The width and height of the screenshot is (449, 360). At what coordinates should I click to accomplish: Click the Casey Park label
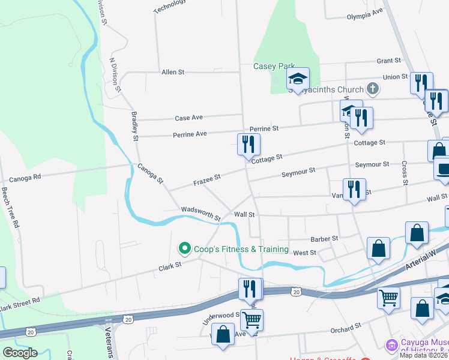tap(274, 66)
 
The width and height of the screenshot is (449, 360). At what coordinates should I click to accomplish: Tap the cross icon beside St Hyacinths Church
tap(373, 90)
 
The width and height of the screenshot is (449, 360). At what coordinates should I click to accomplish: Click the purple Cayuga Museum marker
tap(391, 345)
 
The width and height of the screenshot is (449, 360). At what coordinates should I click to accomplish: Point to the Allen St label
tap(173, 72)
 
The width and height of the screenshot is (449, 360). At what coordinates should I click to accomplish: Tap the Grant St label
tap(388, 61)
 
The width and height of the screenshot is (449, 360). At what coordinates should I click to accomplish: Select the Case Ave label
tap(188, 118)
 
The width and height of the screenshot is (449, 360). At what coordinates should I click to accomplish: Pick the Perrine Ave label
tap(190, 134)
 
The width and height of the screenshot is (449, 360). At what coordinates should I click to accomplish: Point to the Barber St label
tap(325, 239)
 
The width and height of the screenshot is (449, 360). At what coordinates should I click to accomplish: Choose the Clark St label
tap(170, 265)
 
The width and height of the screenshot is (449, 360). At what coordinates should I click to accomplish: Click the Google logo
tap(20, 353)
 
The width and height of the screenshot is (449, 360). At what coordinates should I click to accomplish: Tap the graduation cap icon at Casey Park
tap(298, 79)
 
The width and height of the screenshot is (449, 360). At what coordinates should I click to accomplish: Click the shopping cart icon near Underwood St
tap(252, 320)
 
